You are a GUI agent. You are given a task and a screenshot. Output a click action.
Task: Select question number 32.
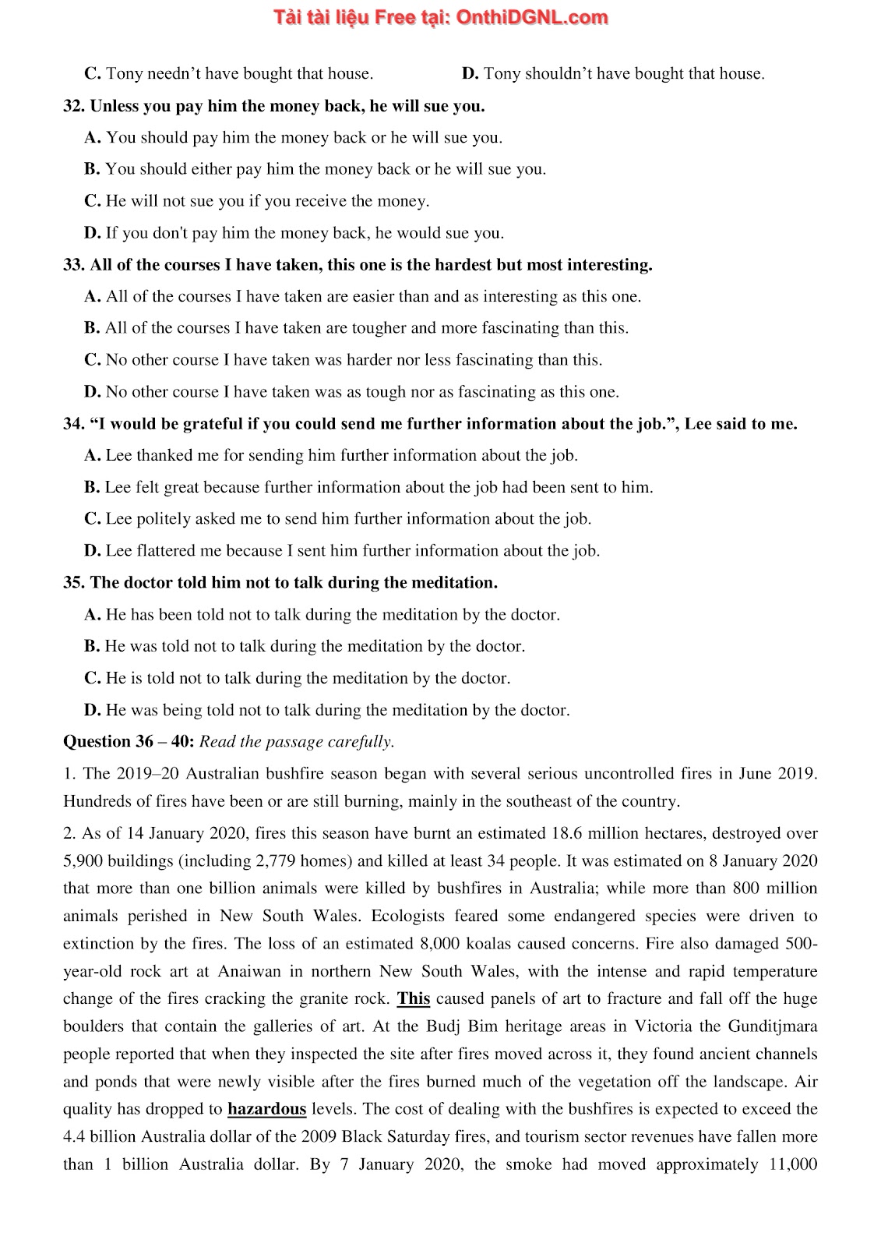click(x=73, y=106)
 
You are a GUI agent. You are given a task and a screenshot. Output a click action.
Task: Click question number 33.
click(x=73, y=265)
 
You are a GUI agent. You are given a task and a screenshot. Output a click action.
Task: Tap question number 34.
click(x=73, y=424)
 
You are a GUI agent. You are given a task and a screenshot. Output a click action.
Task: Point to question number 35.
click(x=73, y=583)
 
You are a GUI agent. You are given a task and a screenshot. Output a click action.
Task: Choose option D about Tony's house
click(x=470, y=74)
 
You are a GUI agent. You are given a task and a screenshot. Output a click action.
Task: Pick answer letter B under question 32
click(x=92, y=169)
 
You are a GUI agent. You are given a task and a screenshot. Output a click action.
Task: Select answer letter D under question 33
click(x=92, y=392)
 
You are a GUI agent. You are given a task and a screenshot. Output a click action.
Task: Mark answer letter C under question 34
click(x=92, y=519)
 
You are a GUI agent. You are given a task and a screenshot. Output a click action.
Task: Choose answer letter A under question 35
click(x=92, y=615)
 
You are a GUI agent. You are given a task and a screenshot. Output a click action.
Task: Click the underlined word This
click(x=413, y=999)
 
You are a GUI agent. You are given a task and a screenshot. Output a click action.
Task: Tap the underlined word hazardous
click(x=266, y=1109)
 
